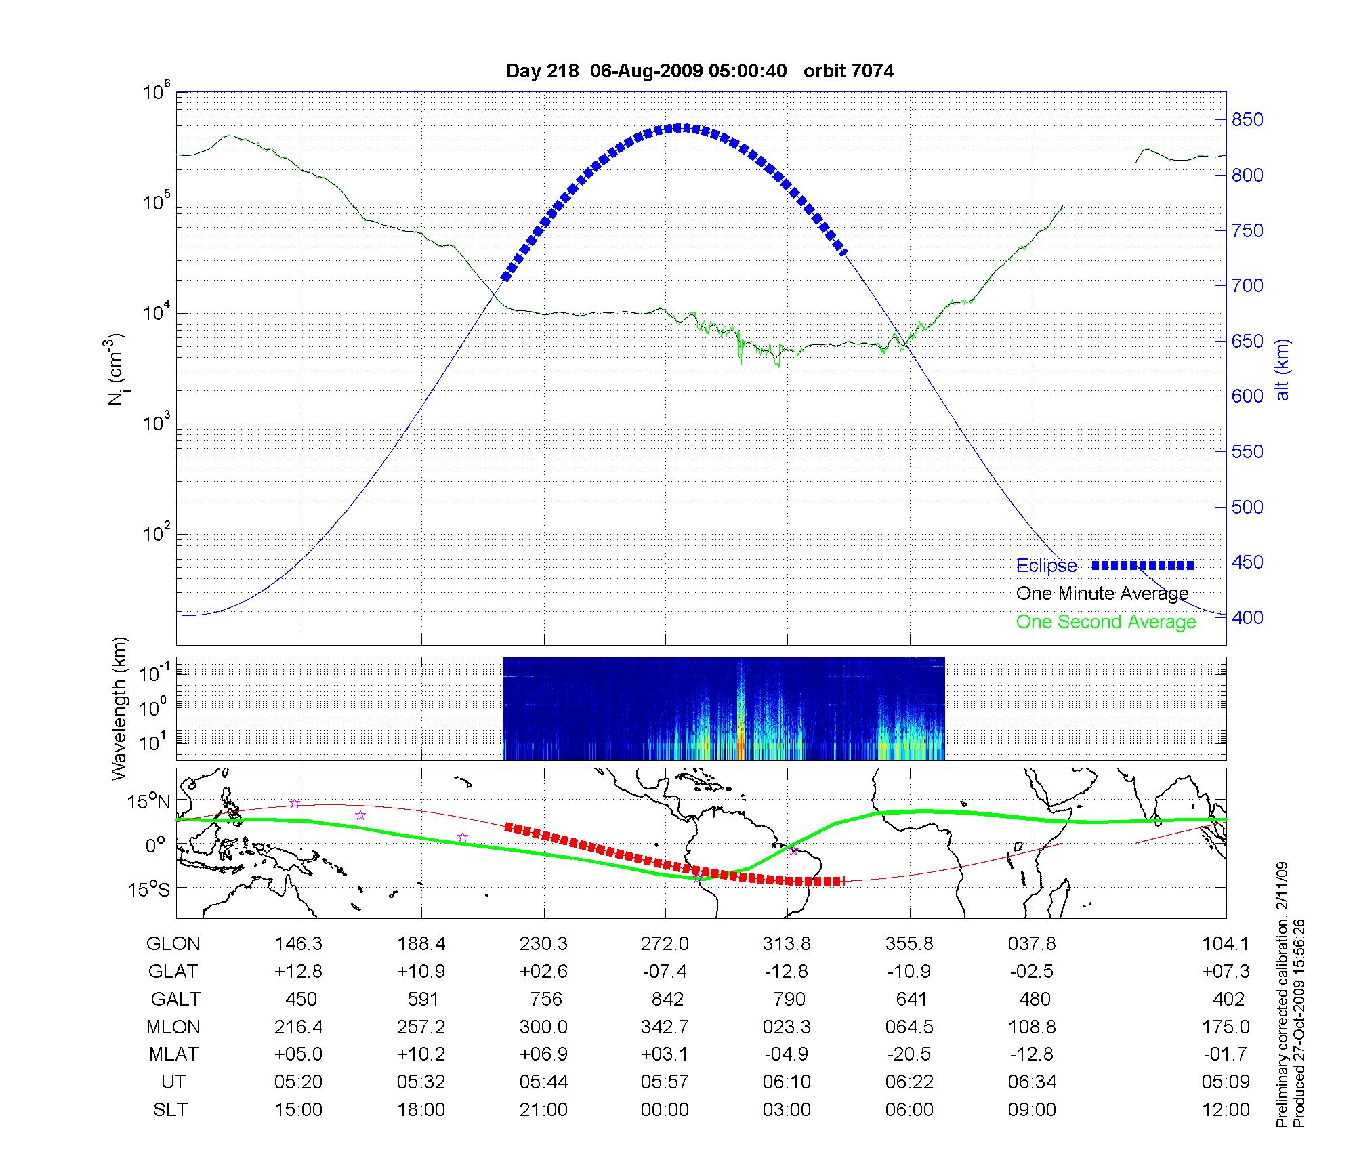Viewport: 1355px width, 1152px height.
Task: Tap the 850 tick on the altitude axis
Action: click(1247, 120)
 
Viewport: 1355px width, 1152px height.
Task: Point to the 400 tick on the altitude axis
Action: click(1247, 617)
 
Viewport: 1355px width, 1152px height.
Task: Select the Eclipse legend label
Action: click(1046, 566)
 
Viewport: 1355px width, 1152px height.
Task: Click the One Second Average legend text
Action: click(1106, 622)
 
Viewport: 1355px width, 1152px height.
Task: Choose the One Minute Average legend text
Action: click(1102, 594)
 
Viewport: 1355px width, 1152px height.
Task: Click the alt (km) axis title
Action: click(1283, 369)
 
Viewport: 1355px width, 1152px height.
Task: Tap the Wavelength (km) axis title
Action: click(119, 708)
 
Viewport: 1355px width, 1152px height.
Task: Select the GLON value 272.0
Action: click(665, 944)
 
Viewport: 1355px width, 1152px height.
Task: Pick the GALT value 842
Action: click(667, 1000)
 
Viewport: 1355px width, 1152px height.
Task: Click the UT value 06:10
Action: click(787, 1082)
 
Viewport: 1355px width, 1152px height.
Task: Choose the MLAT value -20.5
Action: click(909, 1054)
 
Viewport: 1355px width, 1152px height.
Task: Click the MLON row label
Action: click(173, 1027)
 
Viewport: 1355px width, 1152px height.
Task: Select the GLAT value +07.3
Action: click(1226, 972)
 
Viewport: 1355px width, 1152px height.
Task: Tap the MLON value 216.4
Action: click(298, 1027)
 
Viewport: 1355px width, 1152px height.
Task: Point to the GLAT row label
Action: click(173, 972)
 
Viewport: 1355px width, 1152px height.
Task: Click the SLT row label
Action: click(170, 1110)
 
